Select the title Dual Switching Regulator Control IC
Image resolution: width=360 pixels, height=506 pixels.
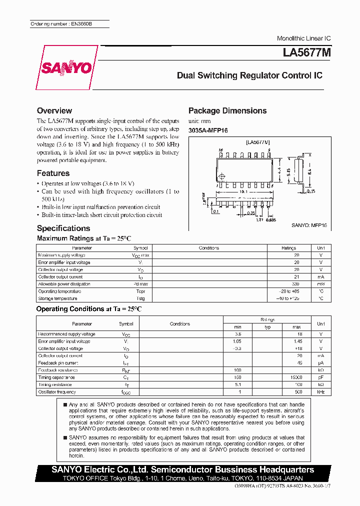click(249, 76)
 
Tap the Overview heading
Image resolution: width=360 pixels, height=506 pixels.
click(54, 110)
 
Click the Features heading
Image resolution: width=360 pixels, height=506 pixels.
click(53, 173)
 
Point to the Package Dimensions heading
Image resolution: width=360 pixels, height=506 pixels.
click(227, 110)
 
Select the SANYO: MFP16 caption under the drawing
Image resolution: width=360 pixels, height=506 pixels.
click(309, 225)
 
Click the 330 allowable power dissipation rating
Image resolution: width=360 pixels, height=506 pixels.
click(296, 284)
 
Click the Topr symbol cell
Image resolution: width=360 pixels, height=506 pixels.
click(140, 291)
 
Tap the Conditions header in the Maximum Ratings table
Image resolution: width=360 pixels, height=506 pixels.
click(208, 248)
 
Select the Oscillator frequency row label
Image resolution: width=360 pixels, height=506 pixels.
click(57, 392)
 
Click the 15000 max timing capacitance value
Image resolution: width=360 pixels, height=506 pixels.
click(296, 377)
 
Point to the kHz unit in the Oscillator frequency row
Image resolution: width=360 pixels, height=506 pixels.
click(320, 392)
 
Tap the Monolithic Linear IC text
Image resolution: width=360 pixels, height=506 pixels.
click(303, 38)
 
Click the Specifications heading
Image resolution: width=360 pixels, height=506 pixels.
click(63, 228)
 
